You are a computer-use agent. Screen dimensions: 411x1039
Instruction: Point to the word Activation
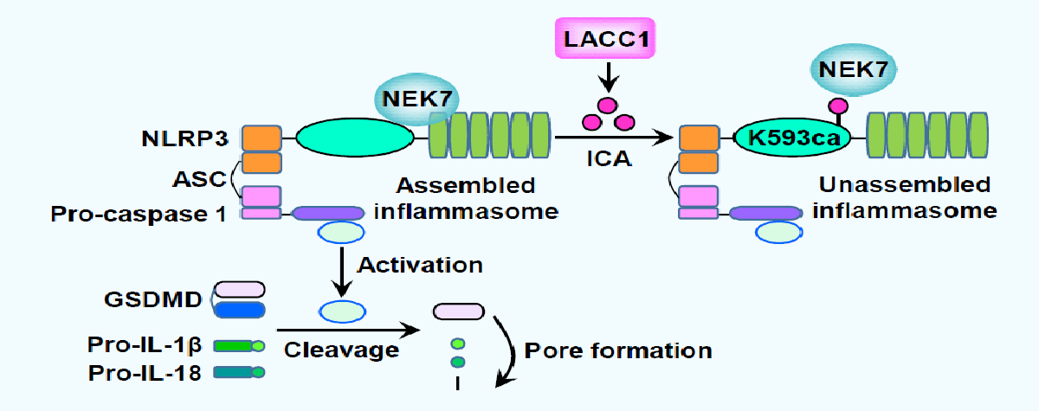coord(420,263)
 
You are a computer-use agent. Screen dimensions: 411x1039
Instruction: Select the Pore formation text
coord(617,350)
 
